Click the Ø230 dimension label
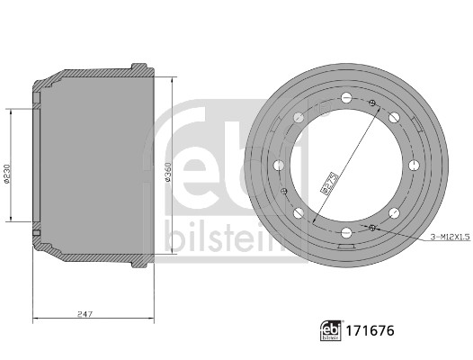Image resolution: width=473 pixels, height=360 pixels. pos(7,174)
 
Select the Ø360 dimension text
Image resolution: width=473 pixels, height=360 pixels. pos(169,172)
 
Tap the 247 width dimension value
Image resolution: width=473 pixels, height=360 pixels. pos(85,314)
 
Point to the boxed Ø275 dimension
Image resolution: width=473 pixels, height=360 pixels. pos(329,184)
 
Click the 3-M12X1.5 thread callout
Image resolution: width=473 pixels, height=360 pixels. pos(451,238)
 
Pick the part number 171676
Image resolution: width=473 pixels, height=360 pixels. pos(370,331)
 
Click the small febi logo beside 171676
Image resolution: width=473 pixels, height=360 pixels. pos(331,331)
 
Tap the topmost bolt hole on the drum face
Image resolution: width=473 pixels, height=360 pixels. pos(346,97)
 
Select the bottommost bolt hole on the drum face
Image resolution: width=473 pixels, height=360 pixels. pos(346,232)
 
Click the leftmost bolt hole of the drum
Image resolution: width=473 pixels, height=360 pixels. pos(279,166)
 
